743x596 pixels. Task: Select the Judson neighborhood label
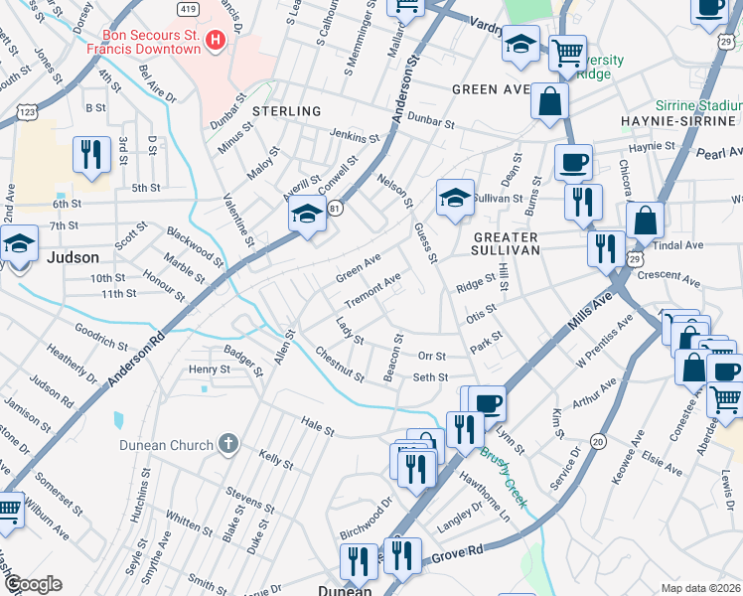74,257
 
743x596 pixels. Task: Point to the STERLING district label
286,111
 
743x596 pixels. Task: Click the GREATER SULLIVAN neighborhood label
505,244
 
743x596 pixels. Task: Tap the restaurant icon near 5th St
91,155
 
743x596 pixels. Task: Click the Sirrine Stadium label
697,105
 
